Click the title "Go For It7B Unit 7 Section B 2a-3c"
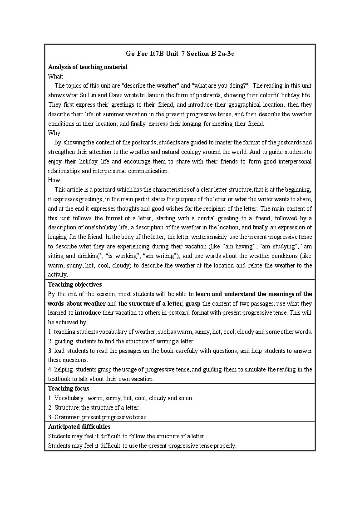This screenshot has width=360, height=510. coord(180,54)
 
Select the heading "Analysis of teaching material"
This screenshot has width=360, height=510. coord(88,67)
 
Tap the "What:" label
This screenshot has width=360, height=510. coord(55,76)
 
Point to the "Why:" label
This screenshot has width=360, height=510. coord(55,133)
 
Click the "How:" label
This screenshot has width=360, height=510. coord(55,180)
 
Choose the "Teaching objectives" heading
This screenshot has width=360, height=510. coord(75,285)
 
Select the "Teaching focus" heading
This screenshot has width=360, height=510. coord(69,388)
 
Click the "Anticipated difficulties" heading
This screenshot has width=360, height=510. coord(79,426)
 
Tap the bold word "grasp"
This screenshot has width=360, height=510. coord(193,303)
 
